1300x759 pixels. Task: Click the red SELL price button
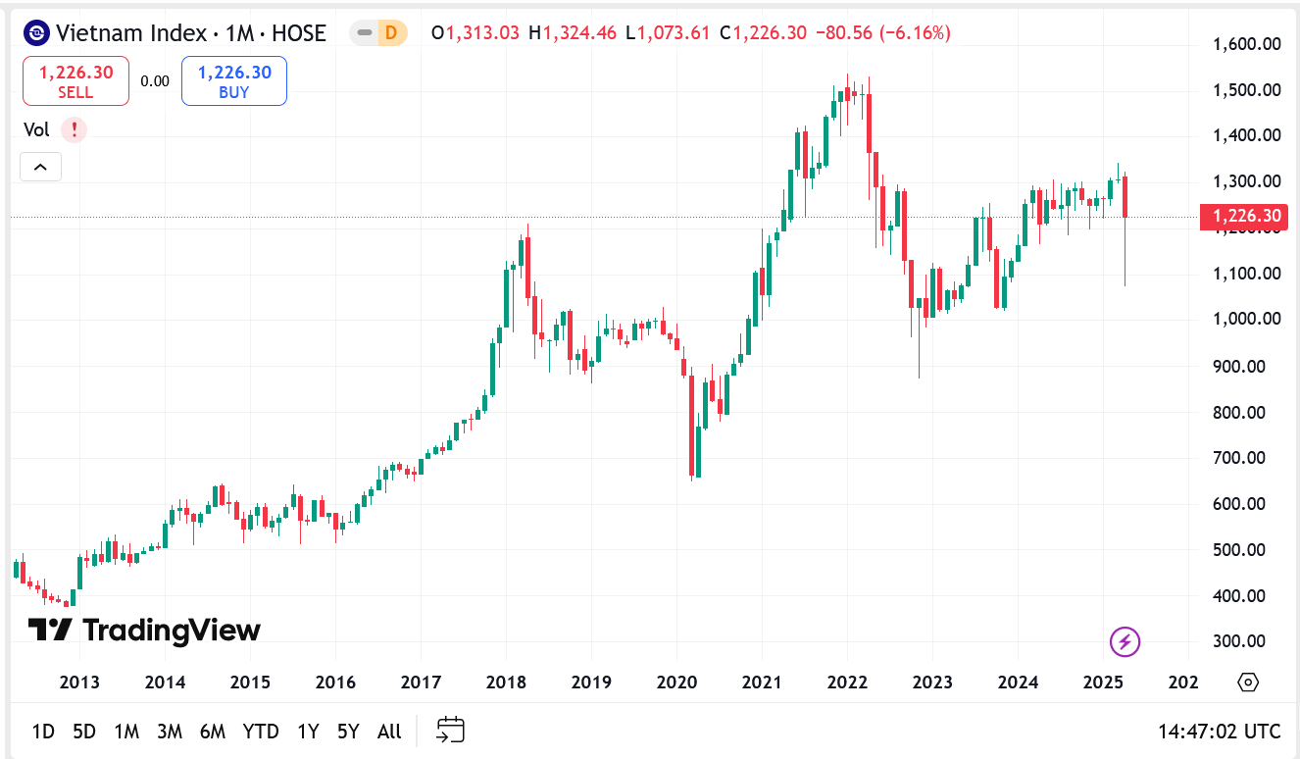pyautogui.click(x=75, y=80)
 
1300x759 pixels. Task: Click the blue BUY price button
pyautogui.click(x=234, y=80)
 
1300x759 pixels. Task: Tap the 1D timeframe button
pyautogui.click(x=43, y=731)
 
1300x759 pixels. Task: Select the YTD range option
pyautogui.click(x=261, y=731)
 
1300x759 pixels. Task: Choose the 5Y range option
pyautogui.click(x=348, y=731)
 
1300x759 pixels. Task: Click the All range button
pyautogui.click(x=389, y=731)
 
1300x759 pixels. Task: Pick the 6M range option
pyautogui.click(x=213, y=731)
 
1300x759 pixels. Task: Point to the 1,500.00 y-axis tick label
pyautogui.click(x=1246, y=90)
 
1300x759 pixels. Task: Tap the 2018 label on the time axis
pyautogui.click(x=506, y=683)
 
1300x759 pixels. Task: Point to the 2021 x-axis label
pyautogui.click(x=762, y=683)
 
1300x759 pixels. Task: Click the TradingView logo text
pyautogui.click(x=144, y=630)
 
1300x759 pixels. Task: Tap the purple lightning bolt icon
pyautogui.click(x=1125, y=642)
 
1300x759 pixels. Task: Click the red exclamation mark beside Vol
pyautogui.click(x=74, y=129)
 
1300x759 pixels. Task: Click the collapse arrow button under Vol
pyautogui.click(x=40, y=168)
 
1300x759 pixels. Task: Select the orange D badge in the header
pyautogui.click(x=391, y=33)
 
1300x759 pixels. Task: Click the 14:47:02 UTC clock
pyautogui.click(x=1219, y=731)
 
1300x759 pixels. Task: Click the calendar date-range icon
pyautogui.click(x=450, y=730)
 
